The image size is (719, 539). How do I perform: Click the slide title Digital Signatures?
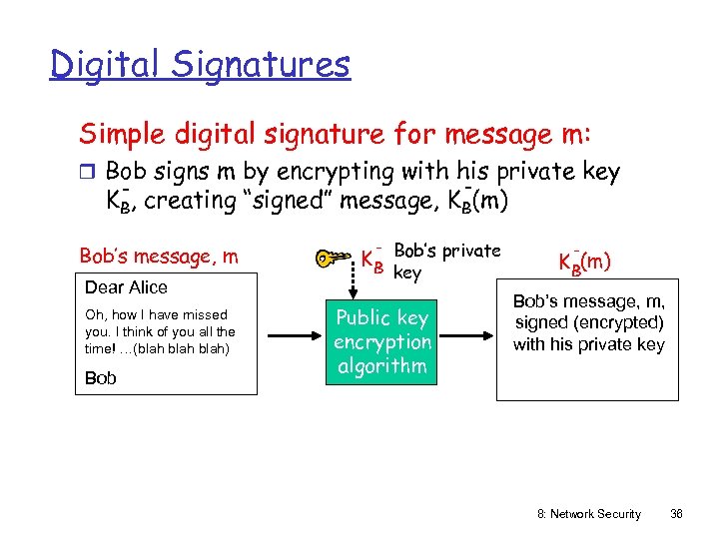coord(201,65)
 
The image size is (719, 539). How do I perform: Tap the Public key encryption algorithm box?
coord(381,341)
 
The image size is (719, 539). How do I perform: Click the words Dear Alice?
coord(126,287)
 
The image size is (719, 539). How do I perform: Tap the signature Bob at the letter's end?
coord(100,378)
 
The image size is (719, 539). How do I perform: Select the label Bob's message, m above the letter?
coord(159,257)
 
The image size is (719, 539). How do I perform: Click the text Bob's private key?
coord(446,261)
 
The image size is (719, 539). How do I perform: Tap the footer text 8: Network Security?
coord(588,513)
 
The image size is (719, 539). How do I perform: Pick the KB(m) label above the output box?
coord(584,263)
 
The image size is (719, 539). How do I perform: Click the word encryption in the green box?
coord(381,341)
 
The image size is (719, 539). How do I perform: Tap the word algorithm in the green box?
coord(381,365)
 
